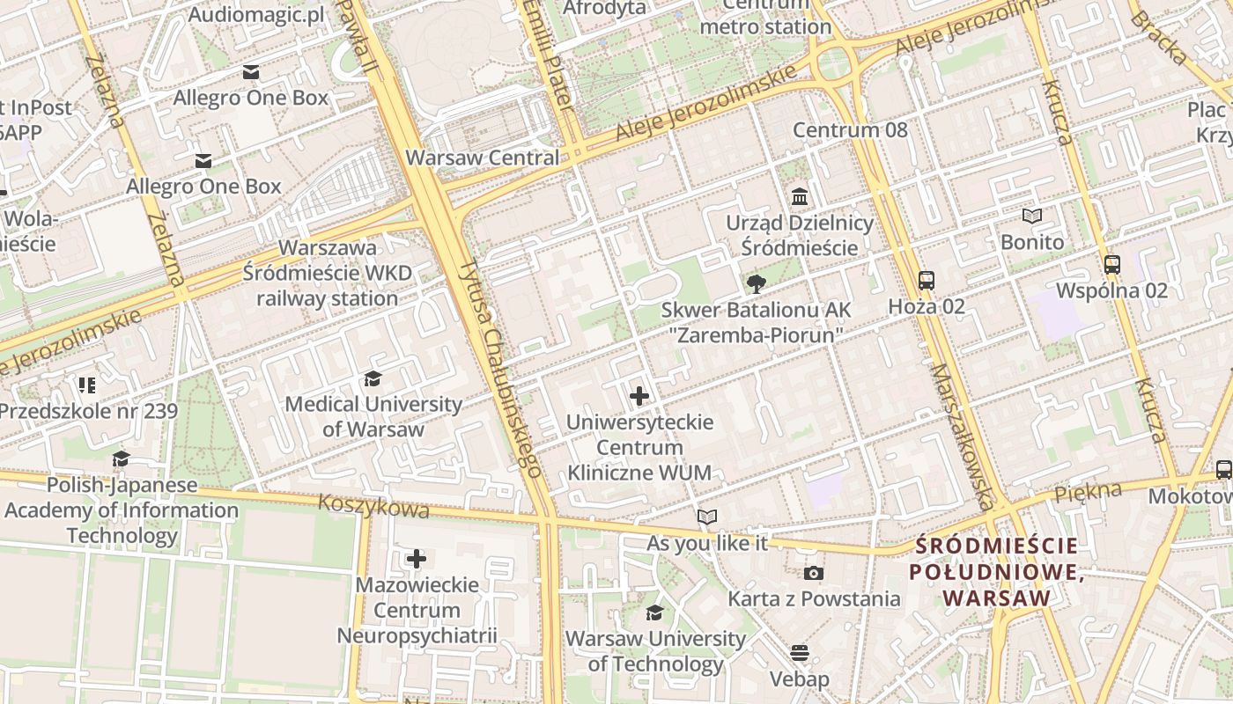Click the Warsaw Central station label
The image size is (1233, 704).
pos(482,158)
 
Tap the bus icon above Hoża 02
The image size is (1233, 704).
pos(926,281)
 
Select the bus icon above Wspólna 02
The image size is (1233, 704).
pos(1111,264)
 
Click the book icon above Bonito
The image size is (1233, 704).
pos(1031,216)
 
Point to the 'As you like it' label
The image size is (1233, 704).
pos(707,543)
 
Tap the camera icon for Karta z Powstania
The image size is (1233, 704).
pos(814,574)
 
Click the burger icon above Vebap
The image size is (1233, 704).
pos(800,653)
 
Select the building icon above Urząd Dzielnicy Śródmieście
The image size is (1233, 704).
pos(800,196)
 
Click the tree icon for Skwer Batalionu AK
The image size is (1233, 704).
pos(756,284)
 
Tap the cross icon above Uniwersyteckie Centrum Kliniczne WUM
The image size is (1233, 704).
pos(639,396)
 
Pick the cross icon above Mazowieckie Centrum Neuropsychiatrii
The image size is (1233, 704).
pos(417,558)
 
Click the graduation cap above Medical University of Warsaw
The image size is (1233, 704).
pos(373,378)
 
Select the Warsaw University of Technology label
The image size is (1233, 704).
pos(655,651)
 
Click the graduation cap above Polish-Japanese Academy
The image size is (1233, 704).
pos(121,458)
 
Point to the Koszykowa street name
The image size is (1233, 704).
pos(373,506)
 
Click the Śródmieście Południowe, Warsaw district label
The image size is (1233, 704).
pos(996,572)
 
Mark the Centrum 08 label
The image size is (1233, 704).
pos(849,130)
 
